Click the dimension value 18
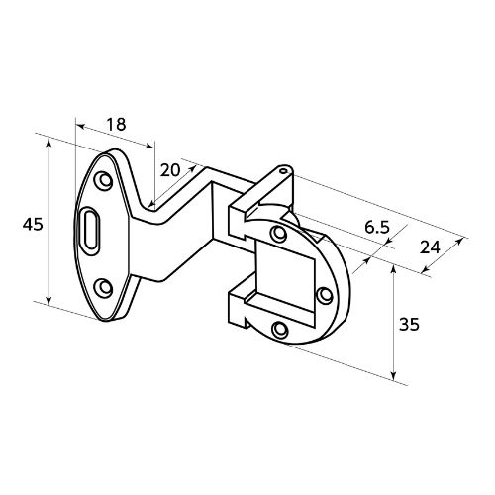tap(116, 124)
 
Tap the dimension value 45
tap(33, 225)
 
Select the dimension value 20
tap(170, 170)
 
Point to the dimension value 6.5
tap(377, 228)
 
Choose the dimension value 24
tap(430, 247)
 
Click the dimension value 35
tap(409, 324)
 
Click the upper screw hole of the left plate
tap(104, 180)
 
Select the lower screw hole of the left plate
tap(104, 288)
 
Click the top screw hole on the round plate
tap(278, 234)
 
